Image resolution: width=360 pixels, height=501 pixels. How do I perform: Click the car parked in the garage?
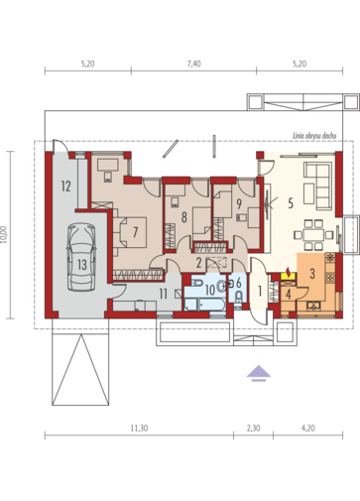[x=81, y=257]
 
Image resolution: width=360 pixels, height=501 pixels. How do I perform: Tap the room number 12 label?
[x=66, y=187]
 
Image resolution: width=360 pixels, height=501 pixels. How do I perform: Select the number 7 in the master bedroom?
[x=135, y=232]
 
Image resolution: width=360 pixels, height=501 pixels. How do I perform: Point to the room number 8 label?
[x=184, y=217]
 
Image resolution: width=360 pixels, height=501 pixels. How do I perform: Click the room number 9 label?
[x=239, y=203]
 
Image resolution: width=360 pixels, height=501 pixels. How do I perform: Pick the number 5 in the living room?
[x=291, y=203]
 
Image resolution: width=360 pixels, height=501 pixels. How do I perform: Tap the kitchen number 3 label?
[x=312, y=273]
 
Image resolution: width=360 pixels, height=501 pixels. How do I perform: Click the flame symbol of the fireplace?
[x=289, y=273]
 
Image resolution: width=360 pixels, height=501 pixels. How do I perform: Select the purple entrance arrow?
[x=259, y=373]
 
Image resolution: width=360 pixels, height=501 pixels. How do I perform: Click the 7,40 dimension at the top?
[x=193, y=63]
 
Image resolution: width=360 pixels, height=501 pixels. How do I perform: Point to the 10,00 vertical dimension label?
[x=4, y=234]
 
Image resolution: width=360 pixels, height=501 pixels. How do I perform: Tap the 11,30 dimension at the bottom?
[x=139, y=429]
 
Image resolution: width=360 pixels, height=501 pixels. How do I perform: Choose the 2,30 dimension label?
[x=253, y=429]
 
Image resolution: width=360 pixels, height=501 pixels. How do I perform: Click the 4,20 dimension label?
[x=308, y=429]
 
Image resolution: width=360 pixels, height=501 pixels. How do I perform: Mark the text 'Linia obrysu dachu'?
[x=314, y=136]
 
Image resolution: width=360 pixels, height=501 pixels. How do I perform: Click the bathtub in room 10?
[x=205, y=305]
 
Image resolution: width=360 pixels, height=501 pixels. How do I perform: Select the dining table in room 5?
[x=313, y=235]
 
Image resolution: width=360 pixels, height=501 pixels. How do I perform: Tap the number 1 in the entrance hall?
[x=260, y=292]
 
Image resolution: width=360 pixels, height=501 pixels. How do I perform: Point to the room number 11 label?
[x=164, y=294]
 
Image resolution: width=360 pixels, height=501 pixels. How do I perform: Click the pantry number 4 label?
[x=289, y=294]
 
